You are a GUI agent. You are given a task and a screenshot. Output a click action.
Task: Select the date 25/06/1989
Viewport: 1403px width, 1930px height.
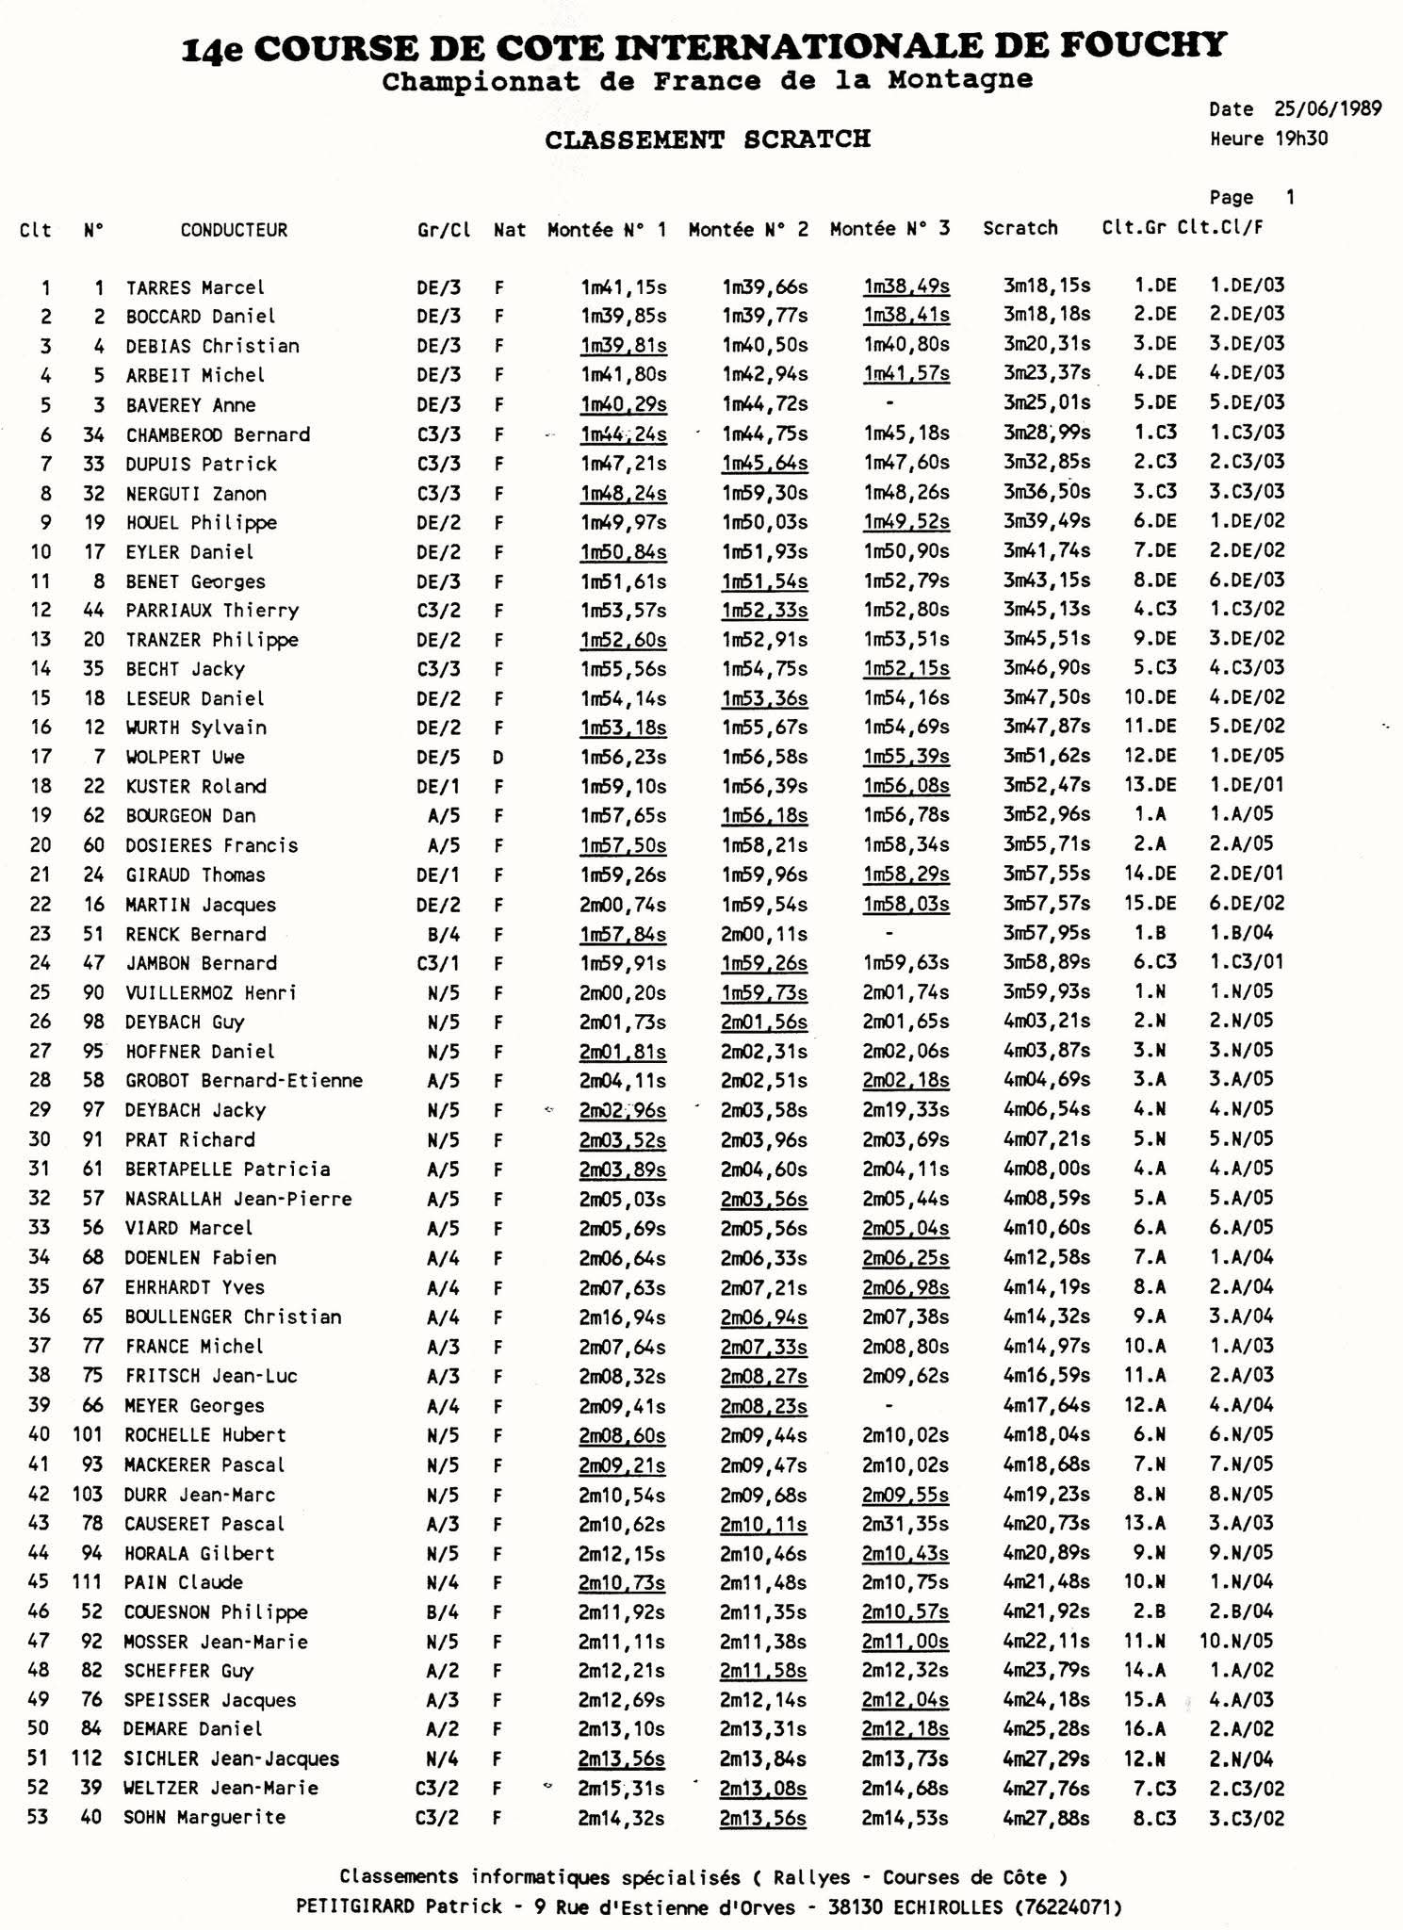[x=1329, y=108]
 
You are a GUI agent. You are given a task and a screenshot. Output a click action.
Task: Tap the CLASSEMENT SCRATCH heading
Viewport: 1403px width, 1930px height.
[x=708, y=139]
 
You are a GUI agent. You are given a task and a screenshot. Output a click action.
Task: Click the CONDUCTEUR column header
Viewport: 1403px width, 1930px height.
[x=234, y=230]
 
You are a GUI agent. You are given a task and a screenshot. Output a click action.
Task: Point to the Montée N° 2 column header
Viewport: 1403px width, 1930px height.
[x=748, y=229]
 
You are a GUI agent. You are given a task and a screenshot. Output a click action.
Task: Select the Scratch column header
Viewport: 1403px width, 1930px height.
[x=1020, y=228]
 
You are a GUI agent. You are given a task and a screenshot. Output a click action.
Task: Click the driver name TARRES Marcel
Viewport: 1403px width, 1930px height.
[x=195, y=287]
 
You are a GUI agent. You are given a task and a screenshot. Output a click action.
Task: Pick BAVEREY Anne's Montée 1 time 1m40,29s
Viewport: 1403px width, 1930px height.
[x=623, y=404]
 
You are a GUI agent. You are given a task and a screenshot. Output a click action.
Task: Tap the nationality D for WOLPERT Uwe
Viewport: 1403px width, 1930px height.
[x=498, y=757]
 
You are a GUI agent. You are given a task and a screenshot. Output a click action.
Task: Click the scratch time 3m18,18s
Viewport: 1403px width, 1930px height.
[x=1046, y=314]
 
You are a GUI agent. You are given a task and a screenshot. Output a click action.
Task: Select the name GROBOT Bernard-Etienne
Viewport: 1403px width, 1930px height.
[x=244, y=1080]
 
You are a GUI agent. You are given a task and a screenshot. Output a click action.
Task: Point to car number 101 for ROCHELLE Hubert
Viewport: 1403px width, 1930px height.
[x=87, y=1434]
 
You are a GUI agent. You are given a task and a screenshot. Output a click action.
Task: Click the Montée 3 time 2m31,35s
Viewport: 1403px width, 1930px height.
[x=905, y=1523]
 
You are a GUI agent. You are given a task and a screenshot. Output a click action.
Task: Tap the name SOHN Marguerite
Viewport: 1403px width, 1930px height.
[x=204, y=1817]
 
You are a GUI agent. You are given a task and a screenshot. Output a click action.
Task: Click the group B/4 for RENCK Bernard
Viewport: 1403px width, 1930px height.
[x=442, y=934]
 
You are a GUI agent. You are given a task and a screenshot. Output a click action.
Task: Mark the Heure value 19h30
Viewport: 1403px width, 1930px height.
[x=1301, y=139]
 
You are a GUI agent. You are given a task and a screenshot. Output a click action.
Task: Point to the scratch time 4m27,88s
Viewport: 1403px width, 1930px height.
[x=1046, y=1817]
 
